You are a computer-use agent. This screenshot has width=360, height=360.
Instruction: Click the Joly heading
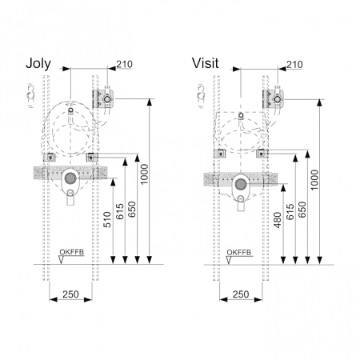click(x=38, y=64)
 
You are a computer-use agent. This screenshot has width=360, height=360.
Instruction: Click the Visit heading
click(x=205, y=63)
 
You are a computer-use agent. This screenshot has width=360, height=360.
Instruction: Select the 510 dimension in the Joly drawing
click(x=107, y=219)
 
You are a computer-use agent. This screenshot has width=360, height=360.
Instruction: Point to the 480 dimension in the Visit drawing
click(x=278, y=220)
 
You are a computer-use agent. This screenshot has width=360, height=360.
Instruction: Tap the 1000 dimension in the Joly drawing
click(x=144, y=174)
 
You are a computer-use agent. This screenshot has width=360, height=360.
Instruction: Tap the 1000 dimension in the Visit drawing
click(x=314, y=180)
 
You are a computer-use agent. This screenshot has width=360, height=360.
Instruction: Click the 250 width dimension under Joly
click(x=70, y=294)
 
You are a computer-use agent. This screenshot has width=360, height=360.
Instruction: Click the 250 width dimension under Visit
click(x=241, y=294)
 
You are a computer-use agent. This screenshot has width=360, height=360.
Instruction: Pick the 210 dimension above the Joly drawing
click(x=124, y=64)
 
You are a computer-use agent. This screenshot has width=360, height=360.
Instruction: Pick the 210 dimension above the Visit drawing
click(x=294, y=65)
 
